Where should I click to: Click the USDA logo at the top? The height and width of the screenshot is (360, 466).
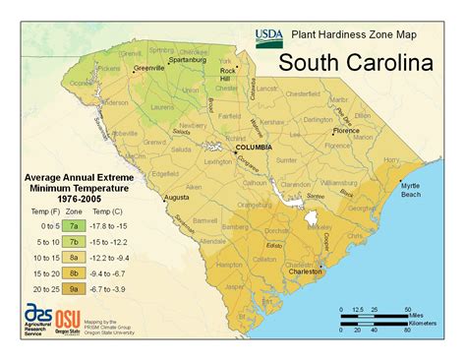pos(268,37)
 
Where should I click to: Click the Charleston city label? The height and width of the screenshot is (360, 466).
pos(306,272)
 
